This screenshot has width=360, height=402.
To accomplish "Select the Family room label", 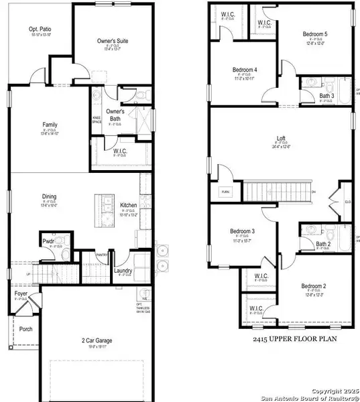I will pyautogui.click(x=50, y=125).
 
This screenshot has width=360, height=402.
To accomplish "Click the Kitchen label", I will pyautogui.click(x=129, y=205).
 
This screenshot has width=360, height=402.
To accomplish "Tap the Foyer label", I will pyautogui.click(x=21, y=294).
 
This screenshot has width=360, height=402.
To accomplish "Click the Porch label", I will pyautogui.click(x=25, y=329).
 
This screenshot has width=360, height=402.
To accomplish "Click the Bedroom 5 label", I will pyautogui.click(x=298, y=34).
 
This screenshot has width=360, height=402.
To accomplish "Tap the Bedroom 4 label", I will pyautogui.click(x=245, y=70).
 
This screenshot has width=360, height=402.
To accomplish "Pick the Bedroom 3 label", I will pyautogui.click(x=245, y=231).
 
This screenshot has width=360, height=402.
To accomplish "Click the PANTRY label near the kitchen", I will pyautogui.click(x=102, y=255).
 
